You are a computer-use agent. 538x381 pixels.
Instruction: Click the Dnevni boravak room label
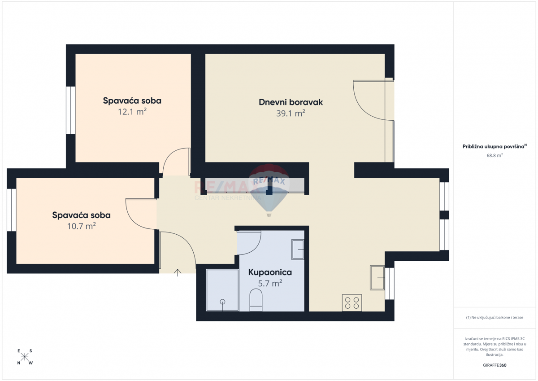[x=291, y=102]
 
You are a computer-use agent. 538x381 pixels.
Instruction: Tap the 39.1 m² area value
[x=291, y=113]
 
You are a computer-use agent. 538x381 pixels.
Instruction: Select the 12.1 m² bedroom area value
[x=132, y=112]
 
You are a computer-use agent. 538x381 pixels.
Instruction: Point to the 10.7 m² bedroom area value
[x=82, y=226]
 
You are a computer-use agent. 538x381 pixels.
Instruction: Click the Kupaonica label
[x=270, y=272]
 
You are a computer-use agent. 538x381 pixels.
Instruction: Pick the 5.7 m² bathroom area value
[x=270, y=284]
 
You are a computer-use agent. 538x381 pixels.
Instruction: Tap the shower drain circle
[x=222, y=302]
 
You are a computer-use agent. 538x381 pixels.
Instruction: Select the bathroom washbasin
[x=298, y=250]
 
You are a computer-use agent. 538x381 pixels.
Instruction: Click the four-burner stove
[x=352, y=303]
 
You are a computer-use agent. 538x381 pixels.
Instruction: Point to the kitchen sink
[x=377, y=278]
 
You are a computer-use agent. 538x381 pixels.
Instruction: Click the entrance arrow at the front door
[x=178, y=272]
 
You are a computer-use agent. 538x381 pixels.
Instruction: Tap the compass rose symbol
[x=25, y=357]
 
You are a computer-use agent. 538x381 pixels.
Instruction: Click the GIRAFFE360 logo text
[x=495, y=365]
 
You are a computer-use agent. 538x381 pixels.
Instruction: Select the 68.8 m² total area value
[x=495, y=155]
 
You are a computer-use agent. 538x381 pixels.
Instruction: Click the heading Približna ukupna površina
[x=494, y=147]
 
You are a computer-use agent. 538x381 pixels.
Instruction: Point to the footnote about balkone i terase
[x=495, y=317]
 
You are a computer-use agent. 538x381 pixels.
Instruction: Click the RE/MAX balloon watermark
[x=269, y=190]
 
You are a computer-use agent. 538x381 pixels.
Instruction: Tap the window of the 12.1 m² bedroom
[x=71, y=110]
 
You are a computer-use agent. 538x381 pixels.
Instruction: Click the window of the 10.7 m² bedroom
[x=12, y=210]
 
